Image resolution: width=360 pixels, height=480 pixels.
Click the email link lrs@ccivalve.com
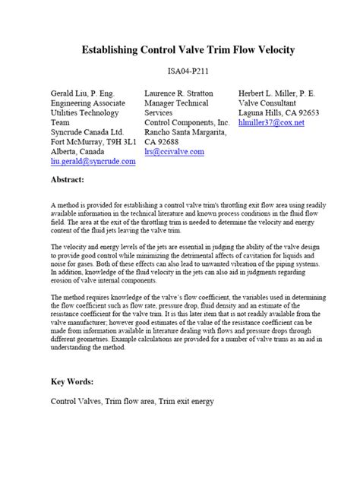coord(174,152)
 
